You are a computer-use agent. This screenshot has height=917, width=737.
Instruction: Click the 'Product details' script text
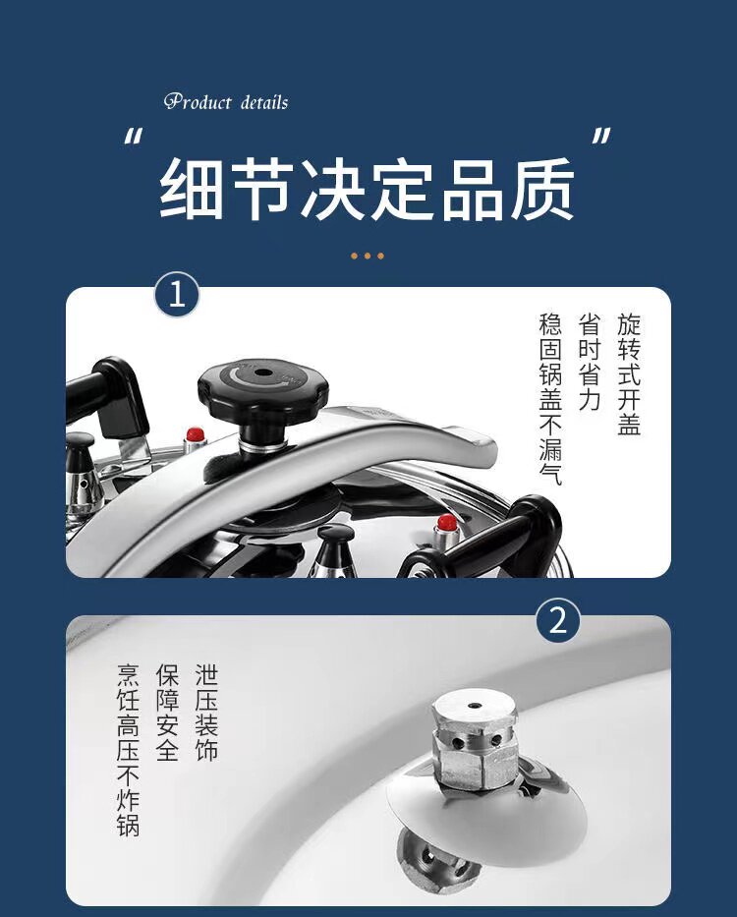(226, 102)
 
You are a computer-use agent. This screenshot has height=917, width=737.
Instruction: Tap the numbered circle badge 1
(177, 295)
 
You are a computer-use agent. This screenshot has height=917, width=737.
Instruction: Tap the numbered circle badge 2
(558, 620)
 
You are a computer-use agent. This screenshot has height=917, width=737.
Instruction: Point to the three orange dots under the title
(368, 256)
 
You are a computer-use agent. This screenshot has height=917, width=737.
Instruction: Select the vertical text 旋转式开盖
(629, 374)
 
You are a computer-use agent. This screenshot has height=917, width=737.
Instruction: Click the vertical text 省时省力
(590, 362)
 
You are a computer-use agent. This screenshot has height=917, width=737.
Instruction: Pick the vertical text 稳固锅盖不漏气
(550, 399)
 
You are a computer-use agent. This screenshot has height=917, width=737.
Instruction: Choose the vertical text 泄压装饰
(206, 713)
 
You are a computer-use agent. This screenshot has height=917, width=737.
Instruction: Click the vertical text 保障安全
(167, 713)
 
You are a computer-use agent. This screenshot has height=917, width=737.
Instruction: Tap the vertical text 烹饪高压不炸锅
(128, 750)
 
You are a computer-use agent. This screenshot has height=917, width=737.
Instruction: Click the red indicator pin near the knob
(195, 435)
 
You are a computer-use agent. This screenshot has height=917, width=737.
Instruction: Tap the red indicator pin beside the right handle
(447, 522)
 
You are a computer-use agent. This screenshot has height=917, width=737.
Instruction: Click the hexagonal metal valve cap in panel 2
(475, 739)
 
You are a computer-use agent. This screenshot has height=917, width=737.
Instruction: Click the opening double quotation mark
(133, 138)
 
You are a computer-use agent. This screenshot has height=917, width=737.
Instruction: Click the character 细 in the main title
(192, 189)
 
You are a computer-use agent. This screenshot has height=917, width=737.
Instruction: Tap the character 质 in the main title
(542, 189)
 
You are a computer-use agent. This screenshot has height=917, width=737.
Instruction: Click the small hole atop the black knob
(262, 373)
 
